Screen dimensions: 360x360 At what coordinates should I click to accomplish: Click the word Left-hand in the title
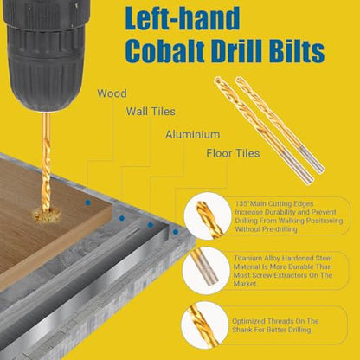click(x=183, y=18)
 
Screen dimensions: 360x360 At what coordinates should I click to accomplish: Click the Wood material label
click(x=112, y=93)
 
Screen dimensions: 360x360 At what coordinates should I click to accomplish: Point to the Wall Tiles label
click(x=151, y=112)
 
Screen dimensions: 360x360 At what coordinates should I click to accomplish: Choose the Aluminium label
click(x=192, y=134)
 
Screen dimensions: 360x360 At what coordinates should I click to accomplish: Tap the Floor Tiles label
click(x=233, y=153)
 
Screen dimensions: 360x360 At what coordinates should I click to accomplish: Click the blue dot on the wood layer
click(x=88, y=202)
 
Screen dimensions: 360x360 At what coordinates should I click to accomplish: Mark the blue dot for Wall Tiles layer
click(x=122, y=218)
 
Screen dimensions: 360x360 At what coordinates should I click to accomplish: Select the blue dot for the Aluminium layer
click(x=150, y=225)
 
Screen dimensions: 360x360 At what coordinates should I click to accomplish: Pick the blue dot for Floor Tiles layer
click(x=176, y=232)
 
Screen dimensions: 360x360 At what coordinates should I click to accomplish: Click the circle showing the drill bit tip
click(x=208, y=216)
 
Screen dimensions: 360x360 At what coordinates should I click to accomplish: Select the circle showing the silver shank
click(x=206, y=270)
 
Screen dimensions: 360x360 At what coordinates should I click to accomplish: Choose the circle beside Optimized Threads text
click(x=205, y=324)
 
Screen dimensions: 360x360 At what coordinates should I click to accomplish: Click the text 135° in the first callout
click(x=242, y=203)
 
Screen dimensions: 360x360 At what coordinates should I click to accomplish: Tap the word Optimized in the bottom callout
click(x=248, y=321)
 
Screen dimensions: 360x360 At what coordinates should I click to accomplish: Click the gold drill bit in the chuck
click(x=46, y=162)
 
